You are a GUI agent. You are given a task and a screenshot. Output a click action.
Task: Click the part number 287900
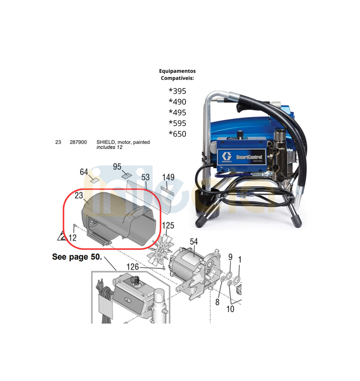coord(78,142)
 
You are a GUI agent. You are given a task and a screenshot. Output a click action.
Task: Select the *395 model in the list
coord(177,91)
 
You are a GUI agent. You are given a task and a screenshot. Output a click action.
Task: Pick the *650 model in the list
coord(177,134)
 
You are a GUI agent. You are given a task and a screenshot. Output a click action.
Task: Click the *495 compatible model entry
coord(177,112)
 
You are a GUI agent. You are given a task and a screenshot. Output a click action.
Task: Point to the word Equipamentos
coord(177,71)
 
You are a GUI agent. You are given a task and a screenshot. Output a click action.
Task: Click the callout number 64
coord(84,172)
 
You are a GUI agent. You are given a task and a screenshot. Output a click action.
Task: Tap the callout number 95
coord(117,167)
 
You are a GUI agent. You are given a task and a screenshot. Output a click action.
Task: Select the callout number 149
coord(168,177)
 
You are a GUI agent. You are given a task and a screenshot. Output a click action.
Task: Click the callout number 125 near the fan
coord(168,225)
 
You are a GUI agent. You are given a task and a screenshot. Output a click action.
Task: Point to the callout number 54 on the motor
coord(194,241)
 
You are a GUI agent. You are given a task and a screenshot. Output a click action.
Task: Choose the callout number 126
coord(133,267)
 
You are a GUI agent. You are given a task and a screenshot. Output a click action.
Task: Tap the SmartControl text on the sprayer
coord(249,157)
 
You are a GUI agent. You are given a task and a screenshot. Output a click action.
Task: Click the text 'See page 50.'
coord(77,257)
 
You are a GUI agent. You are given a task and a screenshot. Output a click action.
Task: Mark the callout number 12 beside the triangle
coord(72,238)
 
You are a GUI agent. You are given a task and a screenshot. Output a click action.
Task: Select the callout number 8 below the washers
coord(217,302)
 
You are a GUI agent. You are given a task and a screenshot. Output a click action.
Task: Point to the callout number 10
coord(230,309)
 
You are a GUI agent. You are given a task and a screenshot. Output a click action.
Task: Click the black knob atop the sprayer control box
coord(240,134)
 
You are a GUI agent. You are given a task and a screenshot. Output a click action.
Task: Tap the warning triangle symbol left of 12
coord(62,237)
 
